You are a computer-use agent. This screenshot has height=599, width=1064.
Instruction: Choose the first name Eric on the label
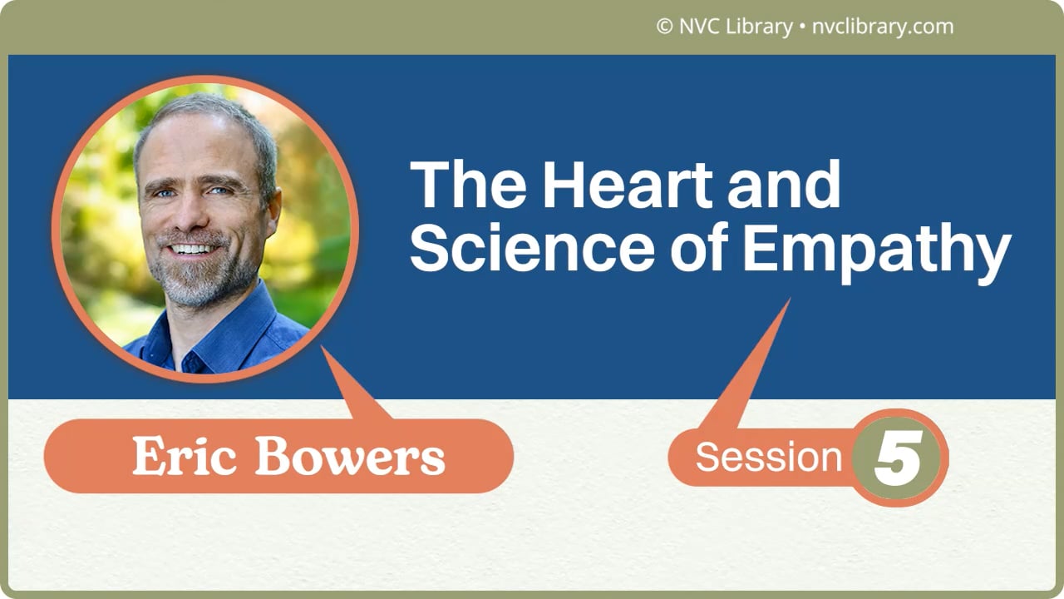[x=185, y=457]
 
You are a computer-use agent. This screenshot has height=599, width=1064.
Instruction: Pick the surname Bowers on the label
[x=349, y=457]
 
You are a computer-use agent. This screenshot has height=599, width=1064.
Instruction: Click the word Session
[x=768, y=457]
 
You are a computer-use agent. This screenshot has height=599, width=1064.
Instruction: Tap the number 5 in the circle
[x=898, y=458]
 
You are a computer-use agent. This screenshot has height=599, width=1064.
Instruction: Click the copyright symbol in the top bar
[x=664, y=27]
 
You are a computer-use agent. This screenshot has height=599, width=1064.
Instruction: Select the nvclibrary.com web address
[x=882, y=27]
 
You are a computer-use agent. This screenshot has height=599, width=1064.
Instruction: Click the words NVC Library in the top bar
[x=736, y=27]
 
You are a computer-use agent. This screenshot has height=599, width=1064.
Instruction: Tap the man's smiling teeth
[x=193, y=249]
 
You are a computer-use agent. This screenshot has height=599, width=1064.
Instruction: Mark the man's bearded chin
[x=195, y=283]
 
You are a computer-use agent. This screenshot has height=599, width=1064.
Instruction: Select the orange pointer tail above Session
[x=748, y=366]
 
